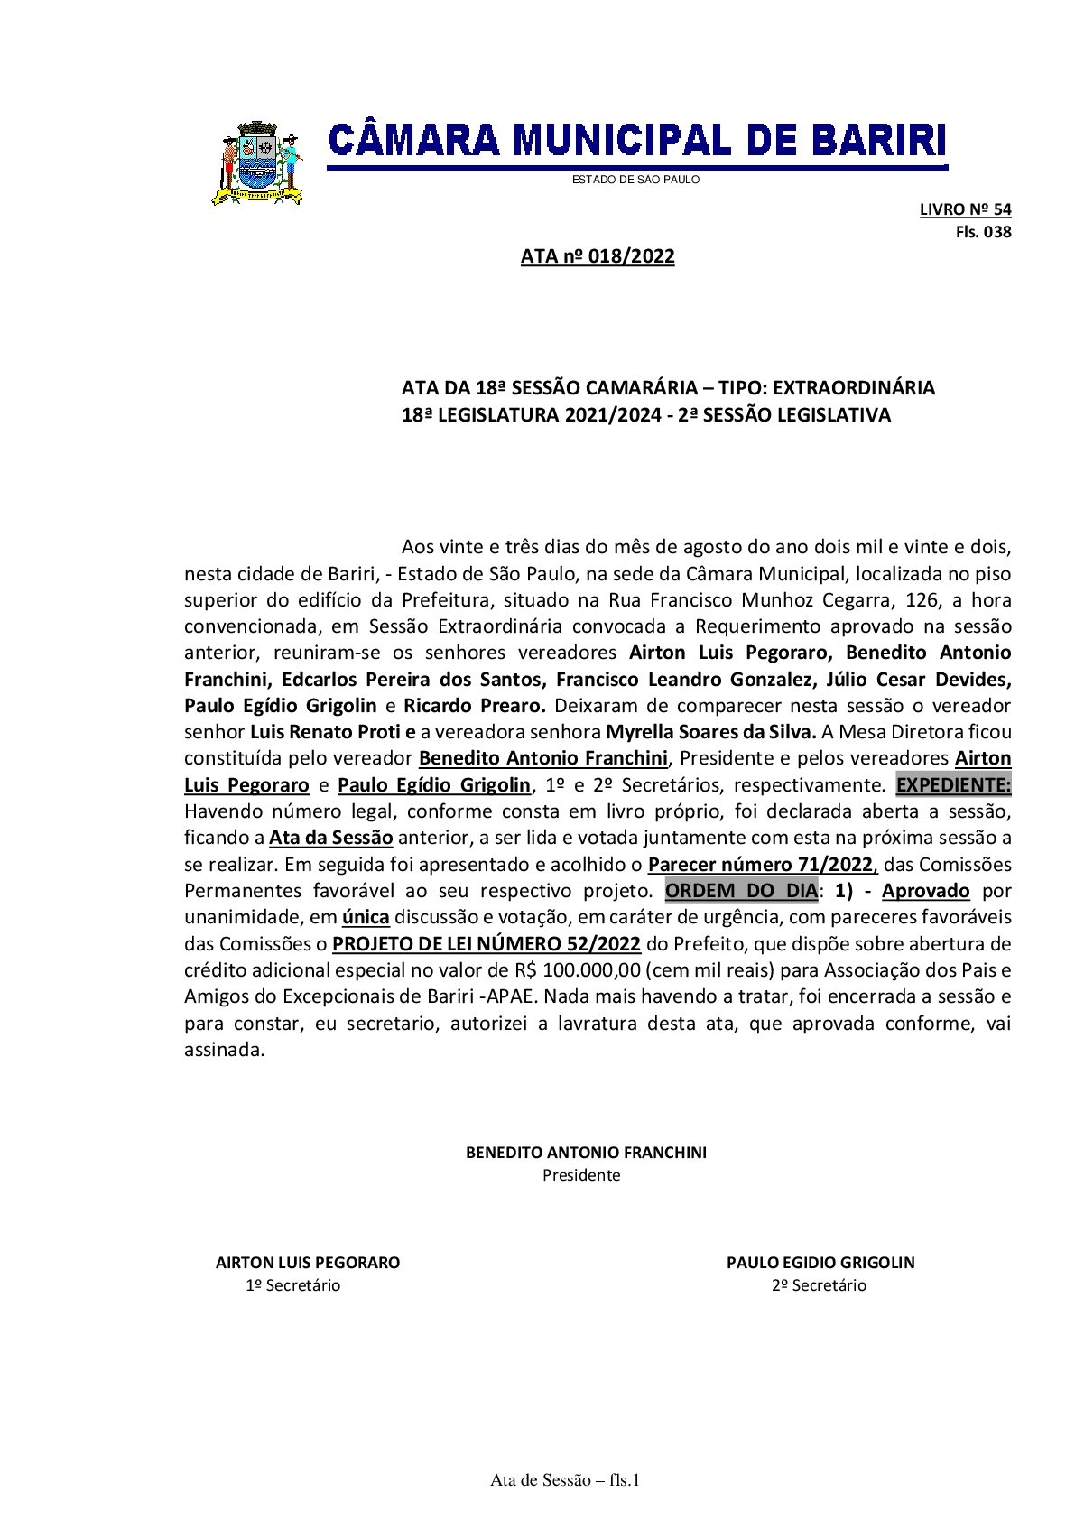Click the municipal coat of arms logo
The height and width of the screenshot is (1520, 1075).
point(257,163)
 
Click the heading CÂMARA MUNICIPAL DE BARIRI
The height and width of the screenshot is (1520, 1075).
point(636,142)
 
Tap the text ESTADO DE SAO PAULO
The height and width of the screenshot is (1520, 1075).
point(635,180)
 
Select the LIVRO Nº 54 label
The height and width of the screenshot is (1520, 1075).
point(965,209)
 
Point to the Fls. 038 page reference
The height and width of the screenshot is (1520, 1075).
point(983,232)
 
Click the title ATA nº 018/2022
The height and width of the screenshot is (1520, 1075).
point(598,256)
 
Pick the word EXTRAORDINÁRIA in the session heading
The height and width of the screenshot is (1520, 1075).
point(853,388)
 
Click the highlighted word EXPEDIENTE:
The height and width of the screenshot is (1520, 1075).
point(953,785)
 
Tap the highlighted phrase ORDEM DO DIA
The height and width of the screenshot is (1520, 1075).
point(741,891)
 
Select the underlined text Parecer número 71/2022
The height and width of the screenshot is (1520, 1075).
point(761,865)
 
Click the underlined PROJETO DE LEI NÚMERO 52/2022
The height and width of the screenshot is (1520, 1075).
point(487,944)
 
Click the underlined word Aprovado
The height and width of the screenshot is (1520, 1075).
point(925,891)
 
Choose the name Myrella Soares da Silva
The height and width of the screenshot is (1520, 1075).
point(710,732)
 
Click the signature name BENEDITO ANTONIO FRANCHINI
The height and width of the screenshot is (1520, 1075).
point(586,1153)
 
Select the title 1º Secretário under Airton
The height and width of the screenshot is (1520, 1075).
point(293,1285)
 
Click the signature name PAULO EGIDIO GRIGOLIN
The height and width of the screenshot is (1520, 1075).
point(820,1263)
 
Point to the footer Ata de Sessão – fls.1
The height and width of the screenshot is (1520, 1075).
point(565,1480)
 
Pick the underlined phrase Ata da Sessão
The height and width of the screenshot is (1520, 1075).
point(331,838)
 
